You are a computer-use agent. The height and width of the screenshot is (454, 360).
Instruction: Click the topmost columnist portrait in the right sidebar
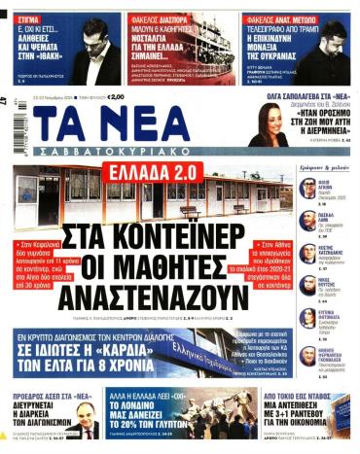(308, 188)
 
